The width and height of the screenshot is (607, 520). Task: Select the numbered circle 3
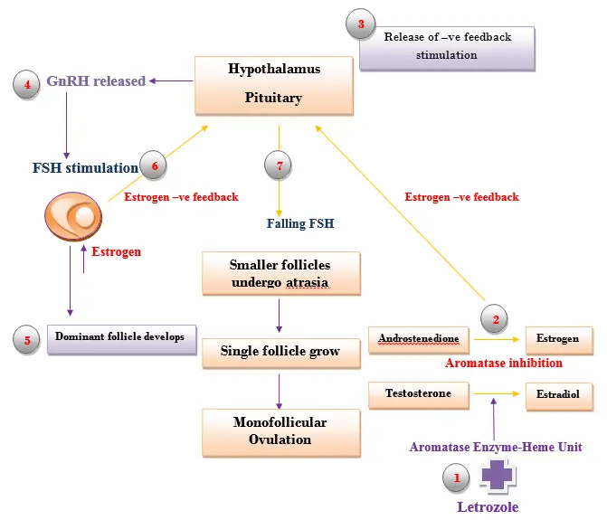[361, 25]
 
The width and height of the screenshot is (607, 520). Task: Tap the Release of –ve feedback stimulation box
[447, 47]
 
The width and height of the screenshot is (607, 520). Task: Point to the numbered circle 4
[27, 84]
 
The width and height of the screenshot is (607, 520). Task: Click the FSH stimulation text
[85, 167]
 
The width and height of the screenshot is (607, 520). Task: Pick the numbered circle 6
[155, 166]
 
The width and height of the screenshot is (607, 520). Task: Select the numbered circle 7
[279, 166]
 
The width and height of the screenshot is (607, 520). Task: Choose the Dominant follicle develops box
[120, 337]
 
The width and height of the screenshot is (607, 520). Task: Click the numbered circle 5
[27, 340]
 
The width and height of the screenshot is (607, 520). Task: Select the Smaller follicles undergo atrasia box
[279, 274]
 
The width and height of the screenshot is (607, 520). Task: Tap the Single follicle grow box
[280, 351]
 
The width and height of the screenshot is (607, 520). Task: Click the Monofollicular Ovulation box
[280, 430]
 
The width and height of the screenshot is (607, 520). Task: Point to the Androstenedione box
[419, 339]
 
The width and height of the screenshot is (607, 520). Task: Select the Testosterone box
[419, 393]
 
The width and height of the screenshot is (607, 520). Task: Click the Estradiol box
[559, 395]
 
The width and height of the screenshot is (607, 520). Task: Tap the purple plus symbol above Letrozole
[498, 474]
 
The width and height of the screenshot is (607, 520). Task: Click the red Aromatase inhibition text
[504, 364]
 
